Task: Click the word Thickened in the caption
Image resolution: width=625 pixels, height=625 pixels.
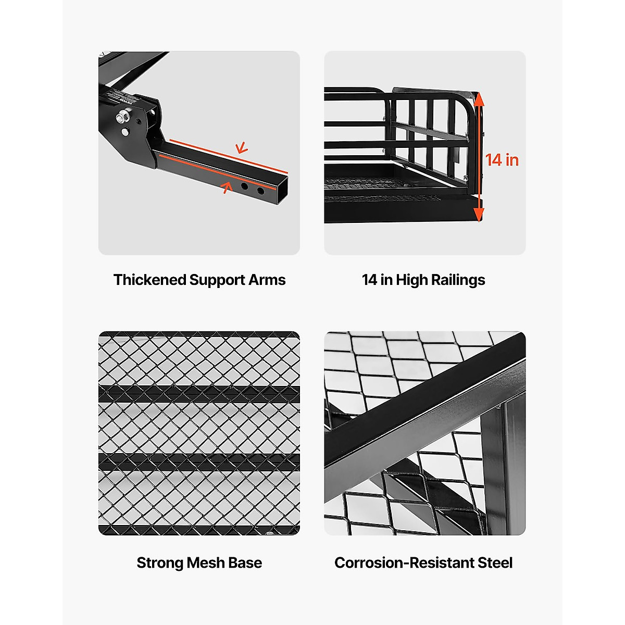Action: click(150, 280)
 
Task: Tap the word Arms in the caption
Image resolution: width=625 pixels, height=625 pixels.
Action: click(267, 280)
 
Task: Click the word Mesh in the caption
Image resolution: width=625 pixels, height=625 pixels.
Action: click(206, 563)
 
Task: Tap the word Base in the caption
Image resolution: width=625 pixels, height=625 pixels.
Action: click(246, 563)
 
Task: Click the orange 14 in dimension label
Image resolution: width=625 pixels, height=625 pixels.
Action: click(502, 160)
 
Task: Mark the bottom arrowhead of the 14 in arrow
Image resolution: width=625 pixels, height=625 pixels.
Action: click(479, 215)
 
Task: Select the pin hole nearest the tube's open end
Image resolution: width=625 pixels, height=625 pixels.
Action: click(260, 191)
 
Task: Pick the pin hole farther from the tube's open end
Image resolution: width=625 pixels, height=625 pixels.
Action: click(244, 185)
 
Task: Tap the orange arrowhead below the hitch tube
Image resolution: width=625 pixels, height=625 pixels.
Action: click(226, 186)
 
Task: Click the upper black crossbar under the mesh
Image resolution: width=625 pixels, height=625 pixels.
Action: click(199, 394)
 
